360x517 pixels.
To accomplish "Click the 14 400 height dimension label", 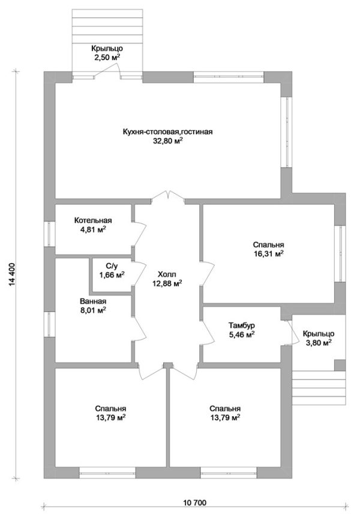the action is (x=13, y=274).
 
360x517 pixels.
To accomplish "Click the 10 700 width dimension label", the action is (x=195, y=503).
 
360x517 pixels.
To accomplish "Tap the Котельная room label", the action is (x=93, y=220).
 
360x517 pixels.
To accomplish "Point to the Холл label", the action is (x=167, y=274).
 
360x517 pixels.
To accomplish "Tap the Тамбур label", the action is (x=242, y=326).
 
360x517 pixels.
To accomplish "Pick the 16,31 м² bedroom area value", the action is (x=268, y=254).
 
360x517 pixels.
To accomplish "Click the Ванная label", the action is (x=93, y=301).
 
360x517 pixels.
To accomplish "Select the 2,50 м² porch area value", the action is (x=107, y=58).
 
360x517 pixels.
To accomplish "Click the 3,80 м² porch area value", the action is (x=318, y=343).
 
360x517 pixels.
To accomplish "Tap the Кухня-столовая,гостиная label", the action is (x=167, y=132).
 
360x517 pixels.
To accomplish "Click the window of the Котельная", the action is (x=49, y=234).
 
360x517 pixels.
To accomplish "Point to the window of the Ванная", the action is (x=49, y=324).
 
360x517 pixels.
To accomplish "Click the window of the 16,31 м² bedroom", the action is (x=340, y=253).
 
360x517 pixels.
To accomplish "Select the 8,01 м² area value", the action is (x=93, y=310).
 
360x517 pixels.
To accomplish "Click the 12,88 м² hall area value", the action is (x=167, y=283).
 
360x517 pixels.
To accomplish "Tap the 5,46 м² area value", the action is (x=242, y=335).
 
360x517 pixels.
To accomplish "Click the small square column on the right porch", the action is (x=340, y=365).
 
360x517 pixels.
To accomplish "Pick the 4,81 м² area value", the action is (x=93, y=229).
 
